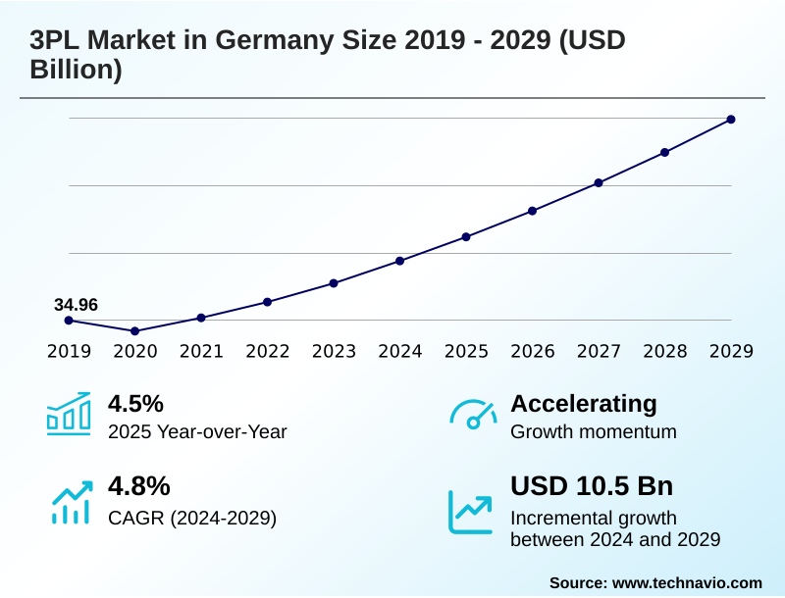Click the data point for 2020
[134, 331]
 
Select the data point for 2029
[731, 120]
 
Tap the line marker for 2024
[400, 261]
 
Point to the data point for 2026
[533, 211]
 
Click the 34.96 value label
[76, 305]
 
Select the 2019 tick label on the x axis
[69, 351]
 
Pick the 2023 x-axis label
[334, 351]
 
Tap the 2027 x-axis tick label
[599, 351]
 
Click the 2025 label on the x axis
[466, 351]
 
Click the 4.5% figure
[135, 404]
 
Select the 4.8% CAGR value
[138, 486]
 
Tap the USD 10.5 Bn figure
[592, 486]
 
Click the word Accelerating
[584, 404]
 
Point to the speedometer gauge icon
[473, 414]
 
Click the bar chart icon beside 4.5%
[69, 414]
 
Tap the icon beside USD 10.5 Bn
[471, 512]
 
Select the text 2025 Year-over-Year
[197, 431]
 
